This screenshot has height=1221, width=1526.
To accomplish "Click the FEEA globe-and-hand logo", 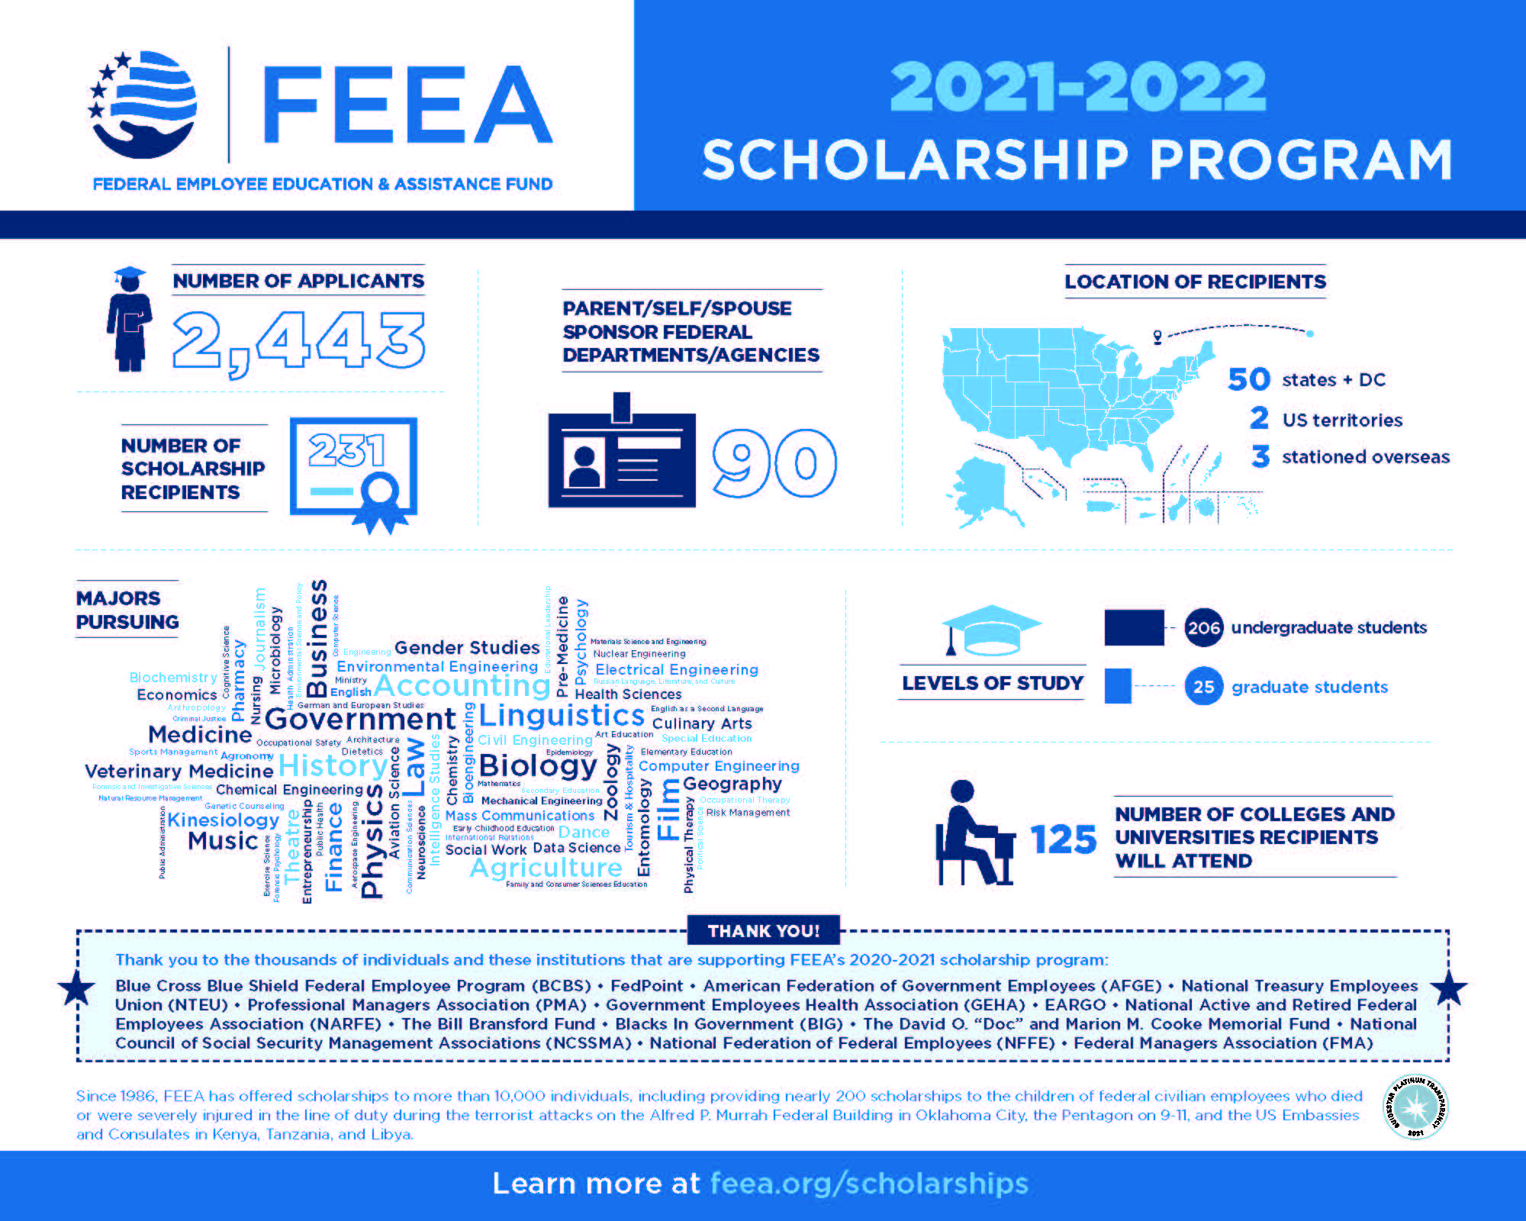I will [x=143, y=105].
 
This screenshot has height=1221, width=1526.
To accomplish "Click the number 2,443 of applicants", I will [x=298, y=342].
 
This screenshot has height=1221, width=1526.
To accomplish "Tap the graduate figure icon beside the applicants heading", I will [x=130, y=320].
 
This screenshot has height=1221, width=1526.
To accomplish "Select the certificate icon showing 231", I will [x=353, y=472].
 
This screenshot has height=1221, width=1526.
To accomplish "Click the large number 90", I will [x=774, y=462].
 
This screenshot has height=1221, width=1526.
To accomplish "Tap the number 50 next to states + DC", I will [x=1249, y=379].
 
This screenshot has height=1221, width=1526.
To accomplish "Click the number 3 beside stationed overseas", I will [x=1260, y=456].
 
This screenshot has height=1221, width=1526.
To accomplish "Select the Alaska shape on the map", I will [x=984, y=488].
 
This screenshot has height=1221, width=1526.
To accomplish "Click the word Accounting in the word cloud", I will [x=462, y=685].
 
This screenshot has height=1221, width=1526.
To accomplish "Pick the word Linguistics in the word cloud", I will [x=562, y=715].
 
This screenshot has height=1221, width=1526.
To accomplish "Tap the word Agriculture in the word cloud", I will [x=546, y=868].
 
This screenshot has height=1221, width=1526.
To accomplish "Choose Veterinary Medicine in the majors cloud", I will [x=179, y=771].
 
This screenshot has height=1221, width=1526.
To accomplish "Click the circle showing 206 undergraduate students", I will [x=1203, y=628].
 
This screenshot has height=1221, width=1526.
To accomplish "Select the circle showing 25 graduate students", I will [x=1203, y=687].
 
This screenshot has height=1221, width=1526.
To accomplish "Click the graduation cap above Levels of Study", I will [x=992, y=630].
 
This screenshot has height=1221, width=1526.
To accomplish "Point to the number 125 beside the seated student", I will [x=1063, y=839].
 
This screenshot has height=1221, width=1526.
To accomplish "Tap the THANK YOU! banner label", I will [x=763, y=931].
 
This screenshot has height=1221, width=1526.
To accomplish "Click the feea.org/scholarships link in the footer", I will [x=869, y=1184].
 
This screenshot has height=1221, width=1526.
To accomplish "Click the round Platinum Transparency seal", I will [x=1415, y=1106].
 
